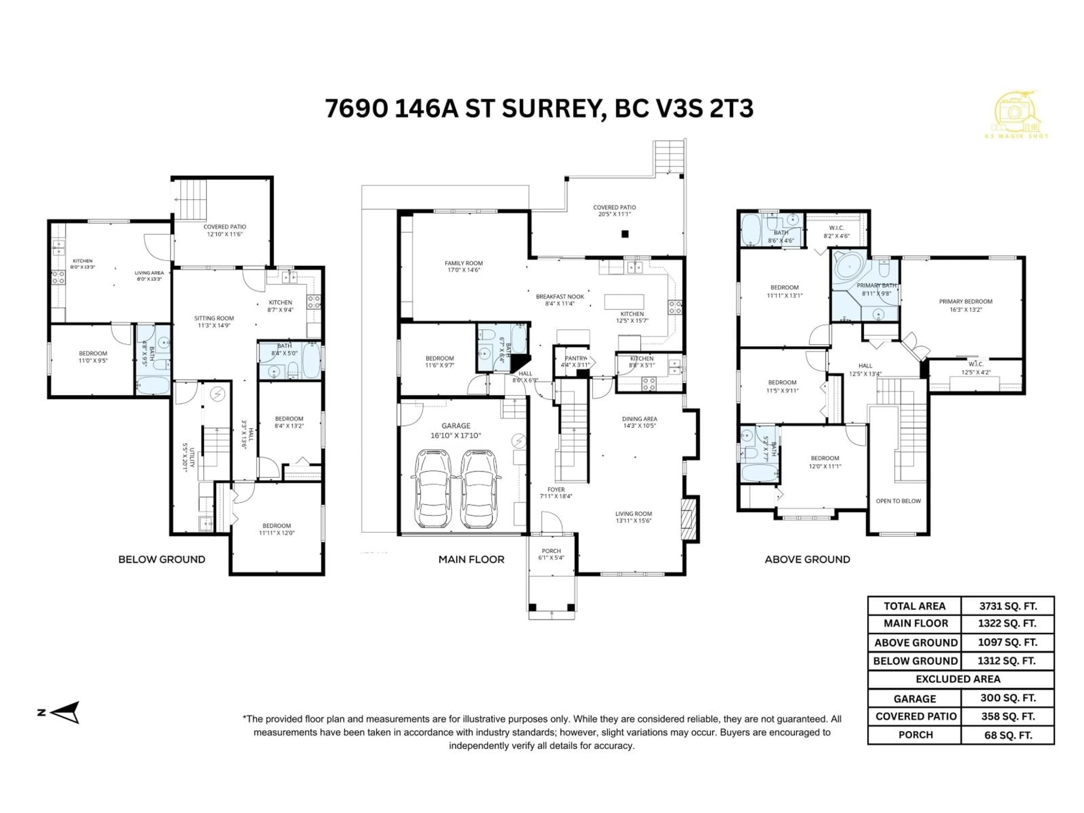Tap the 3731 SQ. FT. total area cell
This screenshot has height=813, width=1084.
point(1007,606)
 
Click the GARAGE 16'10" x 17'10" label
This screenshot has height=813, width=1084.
point(456,430)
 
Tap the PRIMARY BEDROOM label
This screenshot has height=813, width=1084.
point(965,305)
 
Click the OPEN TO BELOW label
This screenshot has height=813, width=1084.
point(898,501)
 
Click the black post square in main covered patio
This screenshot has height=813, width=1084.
point(625,234)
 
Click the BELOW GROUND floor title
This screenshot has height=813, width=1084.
point(162,560)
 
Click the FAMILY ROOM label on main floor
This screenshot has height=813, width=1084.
point(463,266)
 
